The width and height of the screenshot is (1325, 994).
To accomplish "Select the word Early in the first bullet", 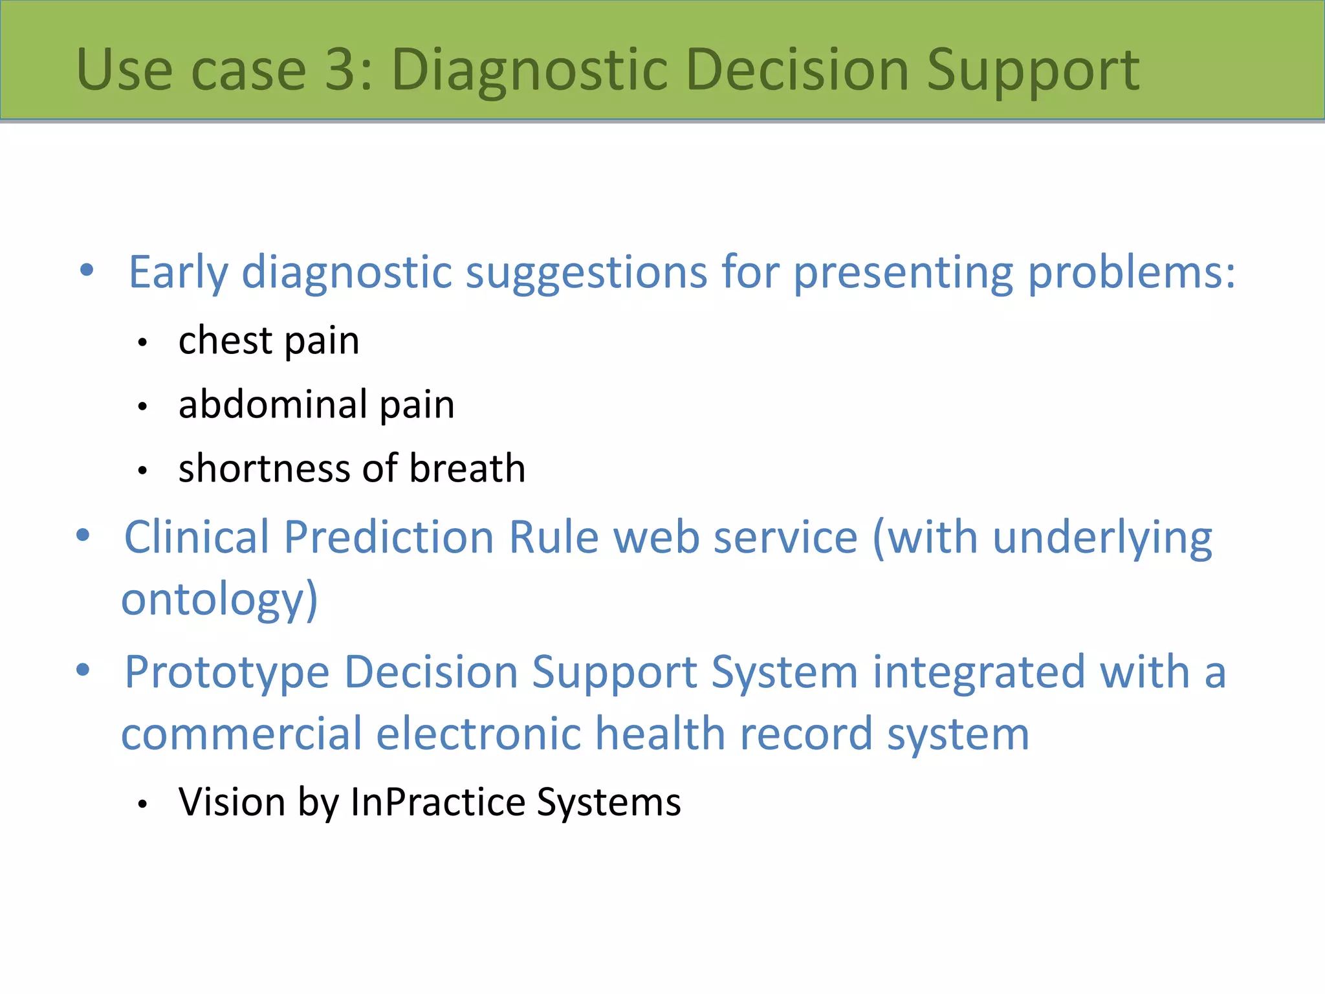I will [x=178, y=272].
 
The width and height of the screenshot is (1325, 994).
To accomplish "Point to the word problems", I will [x=1131, y=272].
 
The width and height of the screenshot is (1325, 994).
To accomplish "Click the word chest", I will [x=225, y=340].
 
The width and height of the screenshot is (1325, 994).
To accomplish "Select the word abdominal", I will [x=273, y=404].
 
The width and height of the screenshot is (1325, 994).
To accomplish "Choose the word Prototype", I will [x=227, y=672].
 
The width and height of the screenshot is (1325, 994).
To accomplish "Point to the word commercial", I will [x=241, y=734].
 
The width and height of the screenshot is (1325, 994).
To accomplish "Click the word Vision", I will [x=232, y=802].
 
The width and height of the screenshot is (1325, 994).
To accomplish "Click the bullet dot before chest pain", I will [x=143, y=343].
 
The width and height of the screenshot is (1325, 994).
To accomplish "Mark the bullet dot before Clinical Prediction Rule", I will [x=83, y=535].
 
